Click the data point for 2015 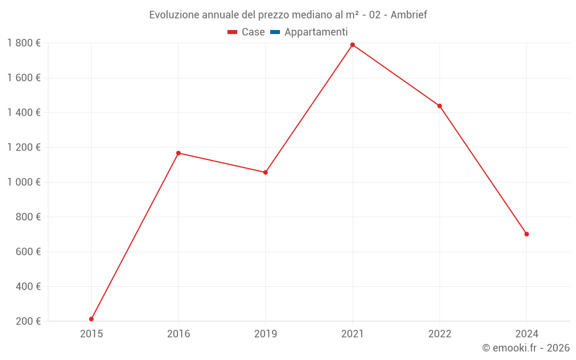(92, 319)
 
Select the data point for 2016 (179, 153)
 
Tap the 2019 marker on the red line (266, 172)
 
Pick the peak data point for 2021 (353, 45)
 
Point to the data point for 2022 (439, 106)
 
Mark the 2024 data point (526, 234)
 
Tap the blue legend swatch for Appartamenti (275, 32)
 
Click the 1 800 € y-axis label (24, 43)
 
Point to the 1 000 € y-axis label (24, 182)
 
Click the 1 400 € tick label (24, 112)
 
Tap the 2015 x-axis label (92, 334)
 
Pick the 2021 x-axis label (353, 334)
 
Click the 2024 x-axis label (526, 334)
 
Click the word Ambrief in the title (408, 15)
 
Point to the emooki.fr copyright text (525, 348)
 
